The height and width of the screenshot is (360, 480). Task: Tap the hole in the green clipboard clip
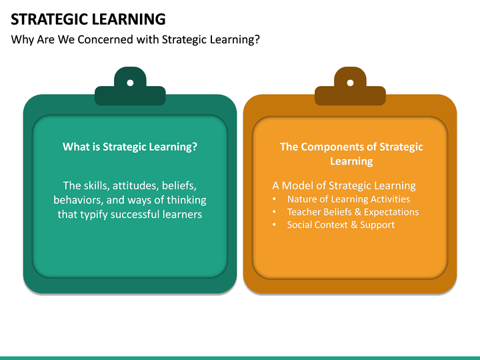coord(130,83)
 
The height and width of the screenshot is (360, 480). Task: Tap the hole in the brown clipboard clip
coord(350,83)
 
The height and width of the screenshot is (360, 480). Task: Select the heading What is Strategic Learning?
coord(130,147)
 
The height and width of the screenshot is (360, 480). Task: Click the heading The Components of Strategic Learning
coord(351,154)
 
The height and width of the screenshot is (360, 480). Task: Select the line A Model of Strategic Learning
coord(344,185)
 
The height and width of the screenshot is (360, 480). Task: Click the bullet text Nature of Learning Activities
coord(348,199)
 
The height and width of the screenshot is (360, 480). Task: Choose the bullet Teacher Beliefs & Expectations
coord(353,212)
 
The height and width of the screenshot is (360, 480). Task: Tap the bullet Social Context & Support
coord(341,225)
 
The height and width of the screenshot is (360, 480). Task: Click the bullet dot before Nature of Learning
coord(275,199)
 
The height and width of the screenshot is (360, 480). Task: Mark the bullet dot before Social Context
coord(275,225)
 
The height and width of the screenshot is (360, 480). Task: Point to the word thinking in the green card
coord(186,200)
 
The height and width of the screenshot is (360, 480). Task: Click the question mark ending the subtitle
coord(257,39)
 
